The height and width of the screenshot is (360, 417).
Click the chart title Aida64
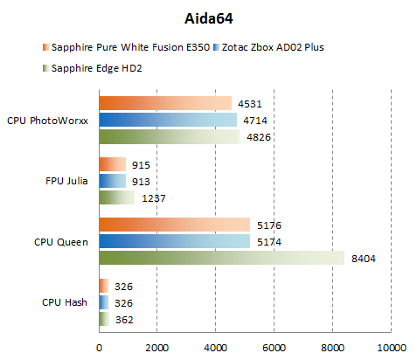click(x=210, y=16)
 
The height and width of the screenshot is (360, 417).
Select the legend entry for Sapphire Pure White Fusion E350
click(x=127, y=46)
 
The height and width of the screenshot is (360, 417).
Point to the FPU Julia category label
click(x=66, y=181)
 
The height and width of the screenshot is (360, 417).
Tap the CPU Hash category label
click(x=65, y=301)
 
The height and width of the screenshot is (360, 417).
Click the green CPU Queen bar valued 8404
click(x=222, y=258)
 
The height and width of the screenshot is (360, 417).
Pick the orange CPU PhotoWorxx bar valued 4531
click(x=165, y=104)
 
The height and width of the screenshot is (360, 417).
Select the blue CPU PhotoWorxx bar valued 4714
click(x=168, y=121)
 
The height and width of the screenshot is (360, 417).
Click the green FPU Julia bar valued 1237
click(x=117, y=197)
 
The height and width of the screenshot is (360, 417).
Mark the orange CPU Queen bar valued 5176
click(x=175, y=225)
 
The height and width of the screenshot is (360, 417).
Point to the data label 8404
click(x=364, y=258)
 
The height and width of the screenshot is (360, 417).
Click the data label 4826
click(x=260, y=137)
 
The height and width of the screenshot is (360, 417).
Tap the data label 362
click(x=124, y=319)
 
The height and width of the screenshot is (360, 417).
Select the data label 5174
click(x=269, y=241)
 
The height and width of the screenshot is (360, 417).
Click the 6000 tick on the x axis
click(x=274, y=347)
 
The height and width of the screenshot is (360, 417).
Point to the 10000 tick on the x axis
click(x=390, y=347)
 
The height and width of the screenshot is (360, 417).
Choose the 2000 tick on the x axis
click(x=157, y=347)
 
